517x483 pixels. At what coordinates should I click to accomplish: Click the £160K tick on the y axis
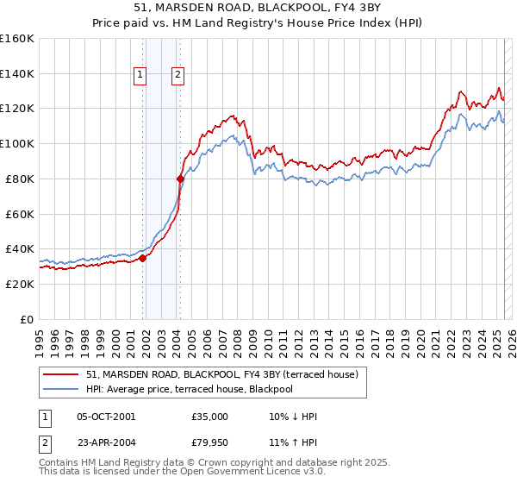(x=17, y=39)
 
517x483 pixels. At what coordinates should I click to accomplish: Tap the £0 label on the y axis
(x=27, y=319)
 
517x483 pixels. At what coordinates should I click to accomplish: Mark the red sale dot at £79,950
(x=180, y=179)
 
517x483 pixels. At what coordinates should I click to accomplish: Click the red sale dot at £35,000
(x=142, y=257)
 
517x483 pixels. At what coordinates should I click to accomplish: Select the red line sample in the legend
(x=61, y=374)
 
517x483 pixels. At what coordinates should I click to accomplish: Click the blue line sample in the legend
(x=61, y=389)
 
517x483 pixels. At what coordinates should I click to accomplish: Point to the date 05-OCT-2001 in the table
(x=106, y=417)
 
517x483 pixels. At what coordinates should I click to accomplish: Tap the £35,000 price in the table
(x=210, y=417)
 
